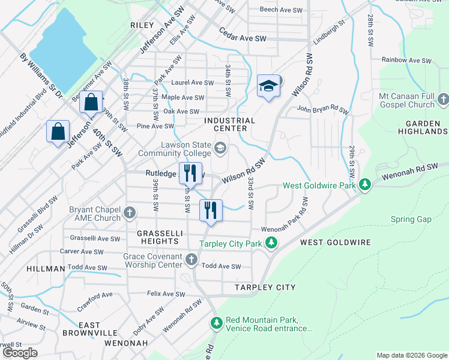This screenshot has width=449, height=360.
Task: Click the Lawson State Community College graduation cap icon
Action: pyautogui.click(x=220, y=148)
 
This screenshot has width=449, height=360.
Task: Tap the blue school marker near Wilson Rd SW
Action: pyautogui.click(x=269, y=86)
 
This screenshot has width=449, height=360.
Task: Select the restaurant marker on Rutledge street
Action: pyautogui.click(x=190, y=173)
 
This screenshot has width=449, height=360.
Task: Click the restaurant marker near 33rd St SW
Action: pyautogui.click(x=211, y=209)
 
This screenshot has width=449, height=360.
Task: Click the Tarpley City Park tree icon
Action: pyautogui.click(x=272, y=243)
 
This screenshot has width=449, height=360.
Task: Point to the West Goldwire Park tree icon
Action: pyautogui.click(x=364, y=185)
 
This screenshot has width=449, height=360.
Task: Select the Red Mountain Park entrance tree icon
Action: pyautogui.click(x=216, y=323)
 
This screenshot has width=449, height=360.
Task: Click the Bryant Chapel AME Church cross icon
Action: pyautogui.click(x=129, y=212)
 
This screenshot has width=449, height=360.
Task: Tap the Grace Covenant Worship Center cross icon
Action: pyautogui.click(x=191, y=259)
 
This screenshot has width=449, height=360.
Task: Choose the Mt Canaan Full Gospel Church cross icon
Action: pyautogui.click(x=443, y=99)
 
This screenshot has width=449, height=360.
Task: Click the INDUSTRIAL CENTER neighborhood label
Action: pyautogui.click(x=229, y=124)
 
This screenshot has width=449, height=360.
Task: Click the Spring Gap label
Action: pyautogui.click(x=411, y=219)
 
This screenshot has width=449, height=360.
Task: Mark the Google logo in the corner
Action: pyautogui.click(x=20, y=353)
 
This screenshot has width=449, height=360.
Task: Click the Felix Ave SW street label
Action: pyautogui.click(x=166, y=294)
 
